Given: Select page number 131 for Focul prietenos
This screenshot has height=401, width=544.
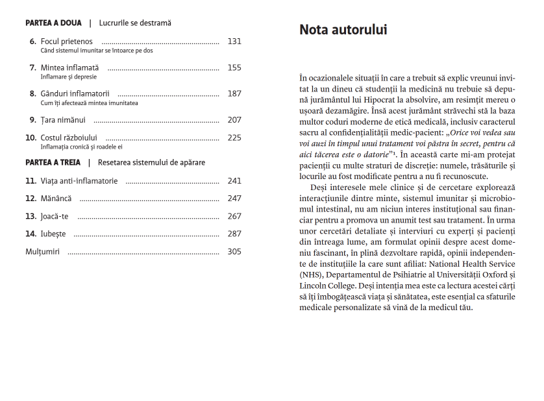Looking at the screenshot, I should (x=234, y=42).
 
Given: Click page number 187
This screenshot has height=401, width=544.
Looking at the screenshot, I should (x=234, y=93).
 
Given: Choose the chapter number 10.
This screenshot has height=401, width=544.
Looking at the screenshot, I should (x=31, y=138).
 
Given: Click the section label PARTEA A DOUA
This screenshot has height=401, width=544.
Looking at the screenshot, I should (x=53, y=23).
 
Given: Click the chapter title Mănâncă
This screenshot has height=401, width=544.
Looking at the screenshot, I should (x=56, y=198).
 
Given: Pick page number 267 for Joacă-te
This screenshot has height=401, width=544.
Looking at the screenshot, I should (x=234, y=216).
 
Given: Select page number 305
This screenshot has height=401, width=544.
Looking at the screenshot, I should (x=234, y=251).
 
